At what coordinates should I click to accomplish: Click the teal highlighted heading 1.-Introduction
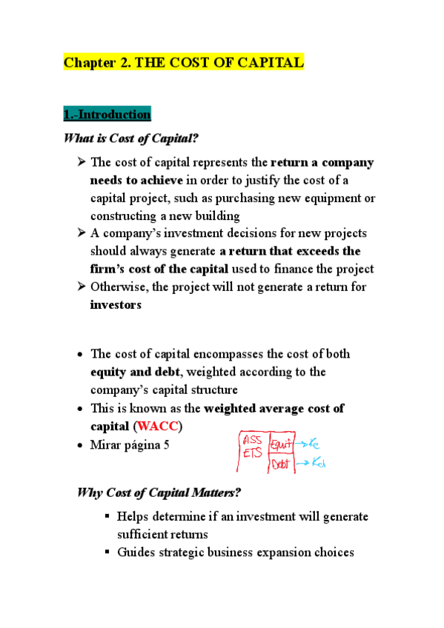107,115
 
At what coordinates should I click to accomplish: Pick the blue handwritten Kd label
318,464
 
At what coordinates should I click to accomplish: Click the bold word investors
116,304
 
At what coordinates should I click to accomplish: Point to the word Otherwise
119,287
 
